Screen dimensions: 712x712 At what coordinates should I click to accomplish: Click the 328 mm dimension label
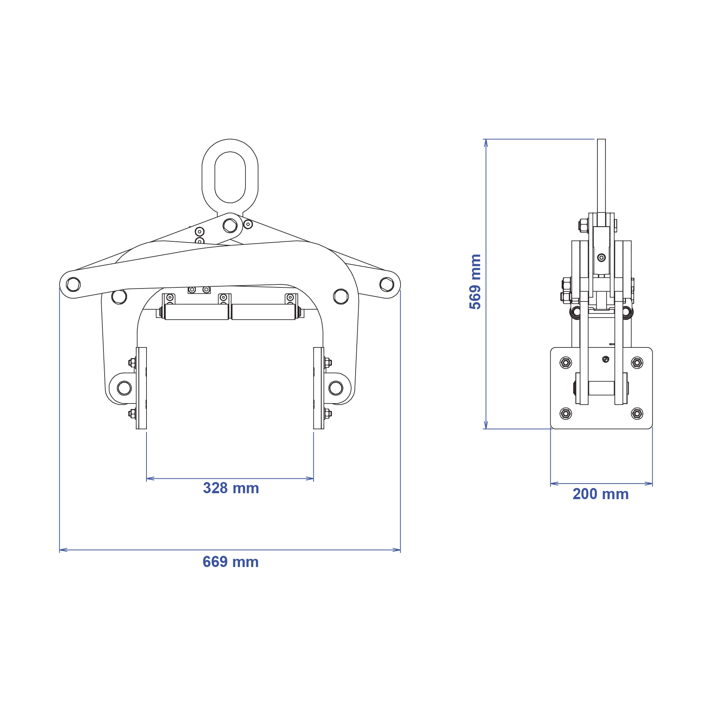pyautogui.click(x=231, y=488)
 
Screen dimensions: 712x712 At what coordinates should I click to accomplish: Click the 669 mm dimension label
pyautogui.click(x=230, y=562)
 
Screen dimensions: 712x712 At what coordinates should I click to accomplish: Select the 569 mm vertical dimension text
pyautogui.click(x=475, y=281)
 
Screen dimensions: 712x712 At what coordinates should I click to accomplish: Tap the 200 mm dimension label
pyautogui.click(x=600, y=494)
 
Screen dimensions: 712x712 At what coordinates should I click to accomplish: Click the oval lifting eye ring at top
pyautogui.click(x=230, y=148)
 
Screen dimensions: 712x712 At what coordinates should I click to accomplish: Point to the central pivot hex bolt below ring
pyautogui.click(x=230, y=225)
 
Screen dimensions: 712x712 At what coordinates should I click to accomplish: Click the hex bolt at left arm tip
pyautogui.click(x=73, y=284)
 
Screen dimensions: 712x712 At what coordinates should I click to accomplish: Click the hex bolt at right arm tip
pyautogui.click(x=387, y=284)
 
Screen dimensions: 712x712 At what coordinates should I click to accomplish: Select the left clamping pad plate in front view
pyautogui.click(x=141, y=388)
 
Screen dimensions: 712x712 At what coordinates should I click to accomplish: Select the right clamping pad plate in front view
pyautogui.click(x=319, y=388)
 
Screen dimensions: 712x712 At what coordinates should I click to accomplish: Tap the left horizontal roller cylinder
pyautogui.click(x=197, y=312)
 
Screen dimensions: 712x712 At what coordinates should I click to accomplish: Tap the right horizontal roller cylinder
pyautogui.click(x=263, y=312)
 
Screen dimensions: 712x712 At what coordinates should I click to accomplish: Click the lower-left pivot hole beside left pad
pyautogui.click(x=124, y=388)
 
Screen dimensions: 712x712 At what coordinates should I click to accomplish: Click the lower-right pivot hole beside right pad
pyautogui.click(x=336, y=388)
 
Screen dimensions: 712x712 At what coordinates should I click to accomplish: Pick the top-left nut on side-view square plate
pyautogui.click(x=566, y=363)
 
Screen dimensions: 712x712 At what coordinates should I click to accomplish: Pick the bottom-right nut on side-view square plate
pyautogui.click(x=637, y=413)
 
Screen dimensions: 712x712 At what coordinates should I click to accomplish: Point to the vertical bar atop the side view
pyautogui.click(x=601, y=174)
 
